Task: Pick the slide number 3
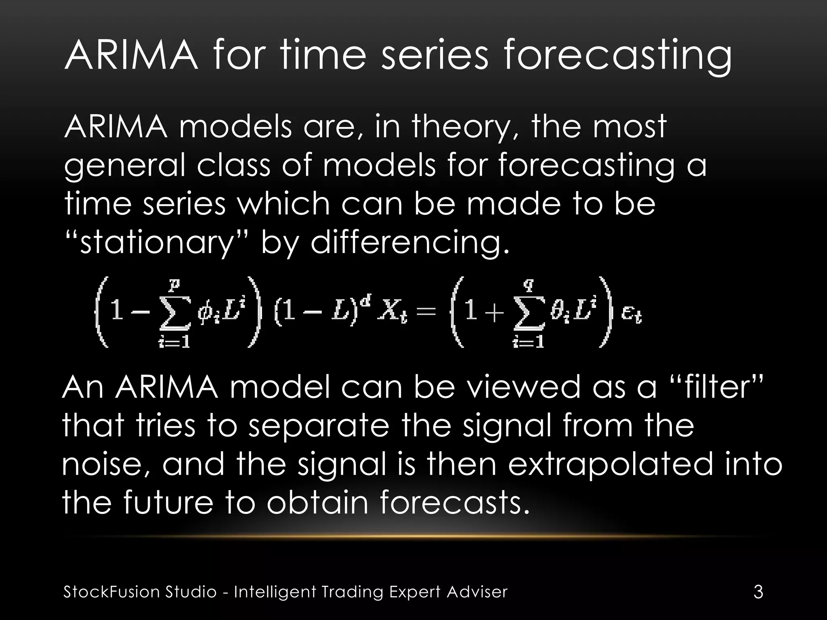click(758, 592)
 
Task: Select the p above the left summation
click(174, 286)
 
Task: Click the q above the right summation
click(528, 286)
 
